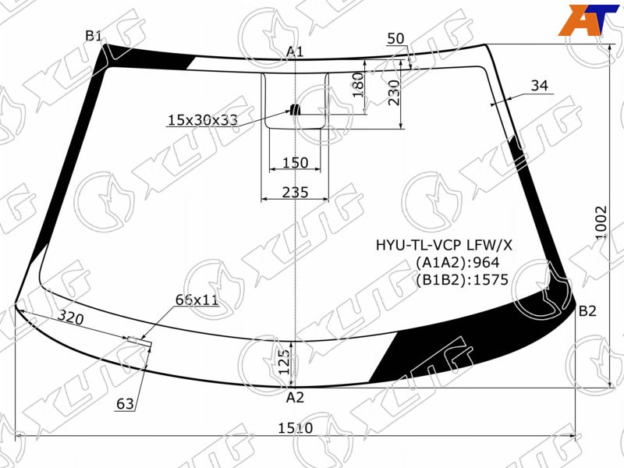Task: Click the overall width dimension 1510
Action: pos(296,428)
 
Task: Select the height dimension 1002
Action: pos(601,222)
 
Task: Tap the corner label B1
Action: pos(94,36)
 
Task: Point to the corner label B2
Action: pos(587,310)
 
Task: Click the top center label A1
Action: pos(295,51)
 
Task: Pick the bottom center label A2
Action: pos(295,397)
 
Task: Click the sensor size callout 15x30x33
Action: pos(203,119)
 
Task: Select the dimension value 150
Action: pos(296,162)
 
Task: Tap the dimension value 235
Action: pos(296,192)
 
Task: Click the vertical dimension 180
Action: pos(358,85)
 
